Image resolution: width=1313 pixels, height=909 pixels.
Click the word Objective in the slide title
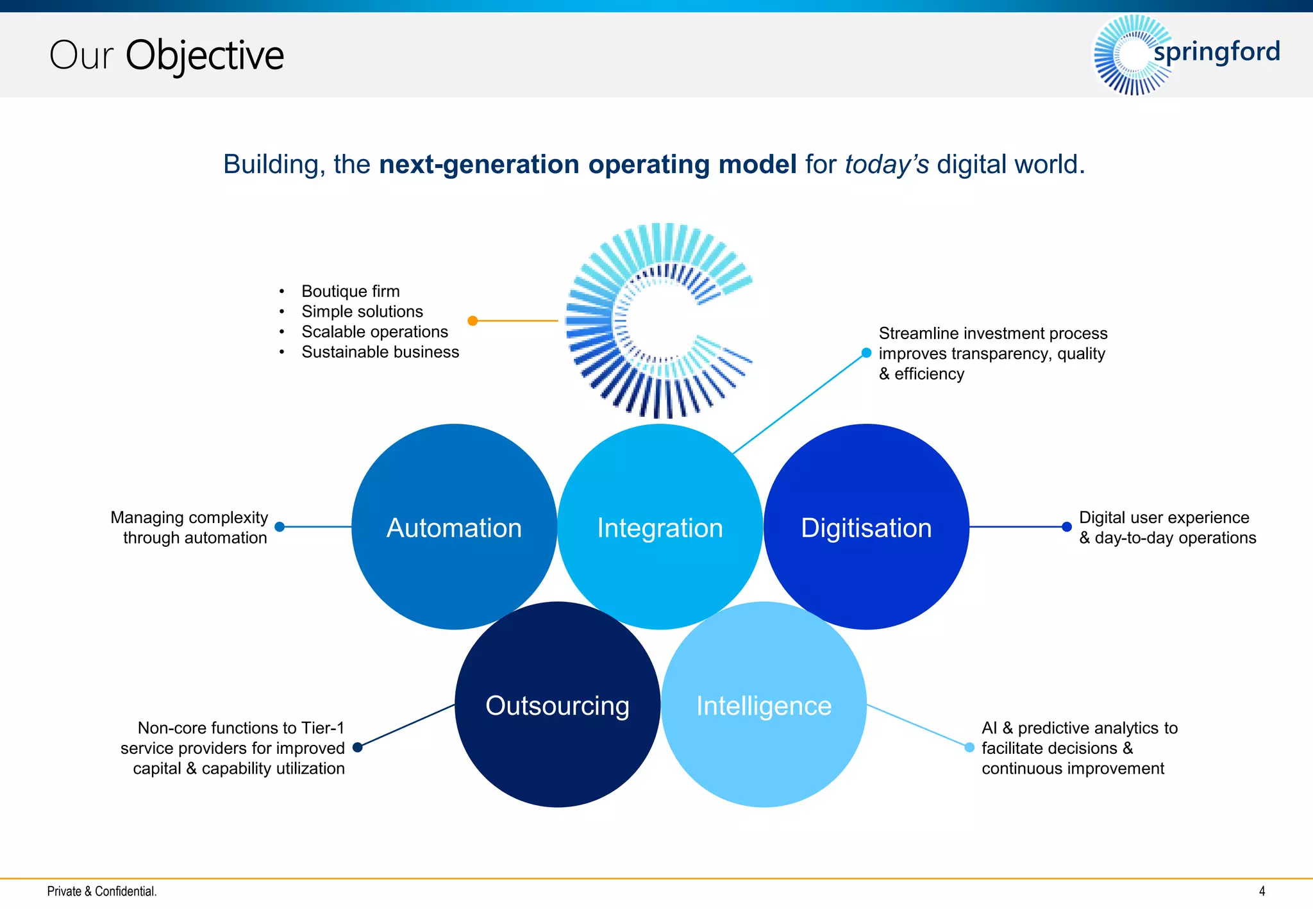click(x=204, y=56)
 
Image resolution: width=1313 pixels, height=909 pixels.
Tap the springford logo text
click(x=1216, y=52)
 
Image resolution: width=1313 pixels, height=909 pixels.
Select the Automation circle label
click(x=454, y=528)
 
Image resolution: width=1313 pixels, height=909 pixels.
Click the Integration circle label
click(x=660, y=528)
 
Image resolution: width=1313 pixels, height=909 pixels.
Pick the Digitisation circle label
click(x=866, y=528)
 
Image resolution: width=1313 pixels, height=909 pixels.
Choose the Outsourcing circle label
click(x=557, y=706)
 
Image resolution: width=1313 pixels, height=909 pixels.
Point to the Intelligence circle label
click(x=764, y=706)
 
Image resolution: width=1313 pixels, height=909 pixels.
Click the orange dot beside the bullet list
click(x=473, y=321)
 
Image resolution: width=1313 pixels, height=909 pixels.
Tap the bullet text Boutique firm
click(x=350, y=291)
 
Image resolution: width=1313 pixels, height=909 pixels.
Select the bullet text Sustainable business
click(x=380, y=352)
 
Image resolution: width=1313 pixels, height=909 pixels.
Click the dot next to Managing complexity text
click(x=280, y=527)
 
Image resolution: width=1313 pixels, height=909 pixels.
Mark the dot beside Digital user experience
click(x=1067, y=527)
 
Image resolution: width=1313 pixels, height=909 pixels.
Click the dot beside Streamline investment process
click(x=866, y=353)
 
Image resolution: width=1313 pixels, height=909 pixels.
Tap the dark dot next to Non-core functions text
click(x=358, y=747)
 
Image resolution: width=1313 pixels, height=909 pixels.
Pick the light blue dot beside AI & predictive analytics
click(x=969, y=747)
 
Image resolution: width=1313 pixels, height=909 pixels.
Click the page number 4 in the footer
click(x=1262, y=891)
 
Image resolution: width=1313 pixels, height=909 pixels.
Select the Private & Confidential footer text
click(x=102, y=891)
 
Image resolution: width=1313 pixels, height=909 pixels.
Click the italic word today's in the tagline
click(x=886, y=165)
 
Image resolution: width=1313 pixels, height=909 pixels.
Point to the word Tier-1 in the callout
click(x=322, y=728)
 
